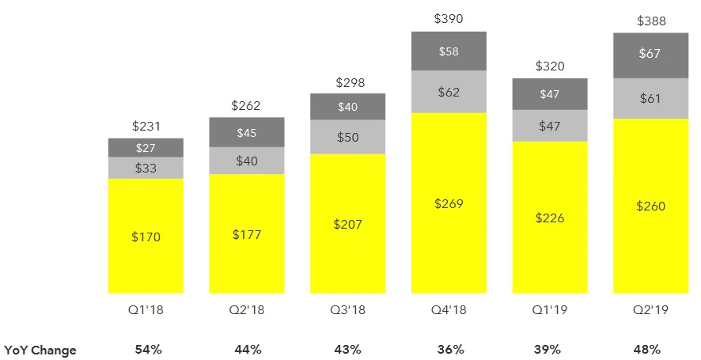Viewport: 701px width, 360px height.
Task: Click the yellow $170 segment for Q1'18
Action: click(146, 235)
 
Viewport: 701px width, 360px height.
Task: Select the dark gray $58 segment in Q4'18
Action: click(449, 51)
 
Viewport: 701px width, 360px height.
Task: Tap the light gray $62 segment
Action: click(449, 92)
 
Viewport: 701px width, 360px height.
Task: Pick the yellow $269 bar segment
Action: click(449, 203)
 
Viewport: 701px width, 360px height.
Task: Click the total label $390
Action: click(449, 17)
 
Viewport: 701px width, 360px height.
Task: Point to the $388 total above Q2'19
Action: click(652, 21)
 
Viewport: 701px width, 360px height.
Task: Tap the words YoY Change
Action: click(40, 349)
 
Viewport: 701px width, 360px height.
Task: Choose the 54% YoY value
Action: click(146, 349)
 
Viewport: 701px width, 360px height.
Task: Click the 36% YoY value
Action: click(449, 349)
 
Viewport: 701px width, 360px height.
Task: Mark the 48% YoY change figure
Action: click(652, 349)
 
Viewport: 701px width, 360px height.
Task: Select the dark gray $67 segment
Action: click(652, 55)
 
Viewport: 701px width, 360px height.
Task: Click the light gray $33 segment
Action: click(146, 168)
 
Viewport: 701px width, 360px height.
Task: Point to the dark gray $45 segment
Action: click(247, 132)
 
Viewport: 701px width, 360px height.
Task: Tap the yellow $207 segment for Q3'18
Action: click(347, 223)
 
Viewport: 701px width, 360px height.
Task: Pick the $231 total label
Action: click(146, 125)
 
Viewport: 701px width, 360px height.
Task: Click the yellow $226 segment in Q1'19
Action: click(550, 217)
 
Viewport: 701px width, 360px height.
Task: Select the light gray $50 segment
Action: click(347, 137)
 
